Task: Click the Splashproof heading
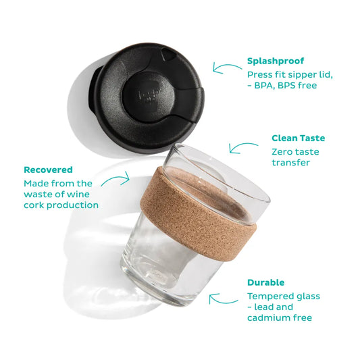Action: tap(276, 61)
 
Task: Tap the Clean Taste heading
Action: tap(299, 138)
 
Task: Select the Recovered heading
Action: tap(48, 170)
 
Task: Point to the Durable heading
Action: tap(266, 282)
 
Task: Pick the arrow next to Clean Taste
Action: tap(242, 147)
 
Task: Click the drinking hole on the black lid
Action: tap(167, 54)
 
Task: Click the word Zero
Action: tap(282, 152)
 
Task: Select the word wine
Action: tap(78, 195)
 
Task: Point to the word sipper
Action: tap(301, 76)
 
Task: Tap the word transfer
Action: tap(290, 163)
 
